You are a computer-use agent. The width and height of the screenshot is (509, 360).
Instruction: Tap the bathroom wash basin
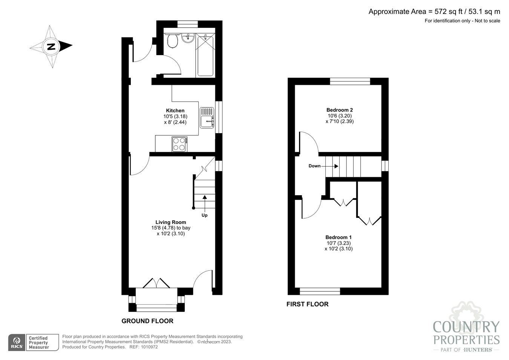click(188, 38)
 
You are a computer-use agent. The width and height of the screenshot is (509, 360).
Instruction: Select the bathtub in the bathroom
click(205, 55)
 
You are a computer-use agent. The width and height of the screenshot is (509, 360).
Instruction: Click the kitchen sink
click(207, 118)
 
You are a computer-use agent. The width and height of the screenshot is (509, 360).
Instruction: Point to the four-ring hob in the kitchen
click(179, 144)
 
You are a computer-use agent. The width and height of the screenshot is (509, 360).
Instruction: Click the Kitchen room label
click(175, 110)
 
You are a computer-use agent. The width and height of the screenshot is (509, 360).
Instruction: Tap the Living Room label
click(171, 222)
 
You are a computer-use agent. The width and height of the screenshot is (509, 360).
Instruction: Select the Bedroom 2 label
click(340, 110)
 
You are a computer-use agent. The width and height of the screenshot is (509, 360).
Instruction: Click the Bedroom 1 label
click(339, 237)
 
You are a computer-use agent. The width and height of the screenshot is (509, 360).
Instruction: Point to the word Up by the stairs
click(204, 215)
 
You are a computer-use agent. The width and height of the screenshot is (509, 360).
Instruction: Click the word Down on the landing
click(314, 166)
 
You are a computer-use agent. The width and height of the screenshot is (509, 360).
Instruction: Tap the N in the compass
click(51, 47)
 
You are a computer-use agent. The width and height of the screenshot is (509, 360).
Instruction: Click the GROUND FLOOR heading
click(147, 321)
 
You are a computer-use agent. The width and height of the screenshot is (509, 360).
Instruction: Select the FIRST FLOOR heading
click(307, 304)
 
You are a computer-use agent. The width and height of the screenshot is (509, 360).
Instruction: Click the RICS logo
click(17, 343)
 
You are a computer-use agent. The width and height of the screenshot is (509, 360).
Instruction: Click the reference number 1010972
click(149, 347)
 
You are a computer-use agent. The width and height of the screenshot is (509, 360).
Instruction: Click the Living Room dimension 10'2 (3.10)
click(171, 233)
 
